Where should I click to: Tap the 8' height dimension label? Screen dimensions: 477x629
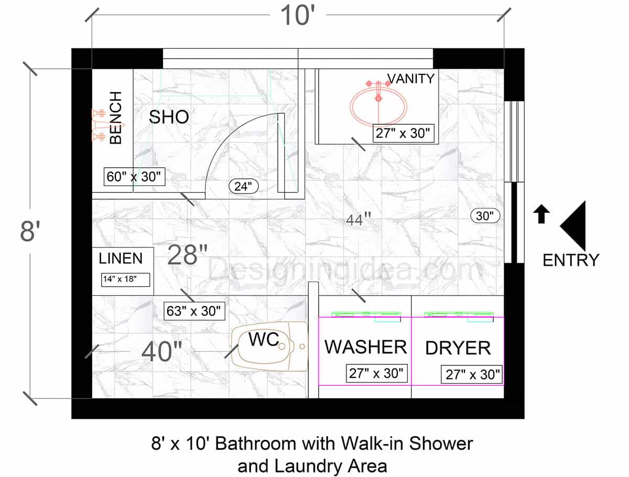pos(30,231)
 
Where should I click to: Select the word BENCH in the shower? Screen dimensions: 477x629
pos(116,118)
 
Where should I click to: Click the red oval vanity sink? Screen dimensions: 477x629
pos(378,107)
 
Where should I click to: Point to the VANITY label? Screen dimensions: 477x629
pos(411,79)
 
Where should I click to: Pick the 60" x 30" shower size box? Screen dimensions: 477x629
pos(134,177)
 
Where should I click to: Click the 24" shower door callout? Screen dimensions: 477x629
pos(243,186)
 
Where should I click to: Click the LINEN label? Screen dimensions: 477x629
pos(121,258)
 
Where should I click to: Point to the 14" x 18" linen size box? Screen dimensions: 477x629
pos(125,279)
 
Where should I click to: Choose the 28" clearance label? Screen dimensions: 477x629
pos(188,255)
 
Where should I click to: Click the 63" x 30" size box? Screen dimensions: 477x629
pos(194,310)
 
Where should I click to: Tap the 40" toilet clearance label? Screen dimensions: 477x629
pos(162,351)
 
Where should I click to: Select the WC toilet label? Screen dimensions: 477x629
pos(264,339)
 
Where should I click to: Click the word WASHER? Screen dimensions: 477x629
pos(365,346)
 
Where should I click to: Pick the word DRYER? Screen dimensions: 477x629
pos(458,348)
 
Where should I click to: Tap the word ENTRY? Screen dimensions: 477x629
pos(570,260)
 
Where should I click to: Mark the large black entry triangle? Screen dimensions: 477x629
pos(575,225)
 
